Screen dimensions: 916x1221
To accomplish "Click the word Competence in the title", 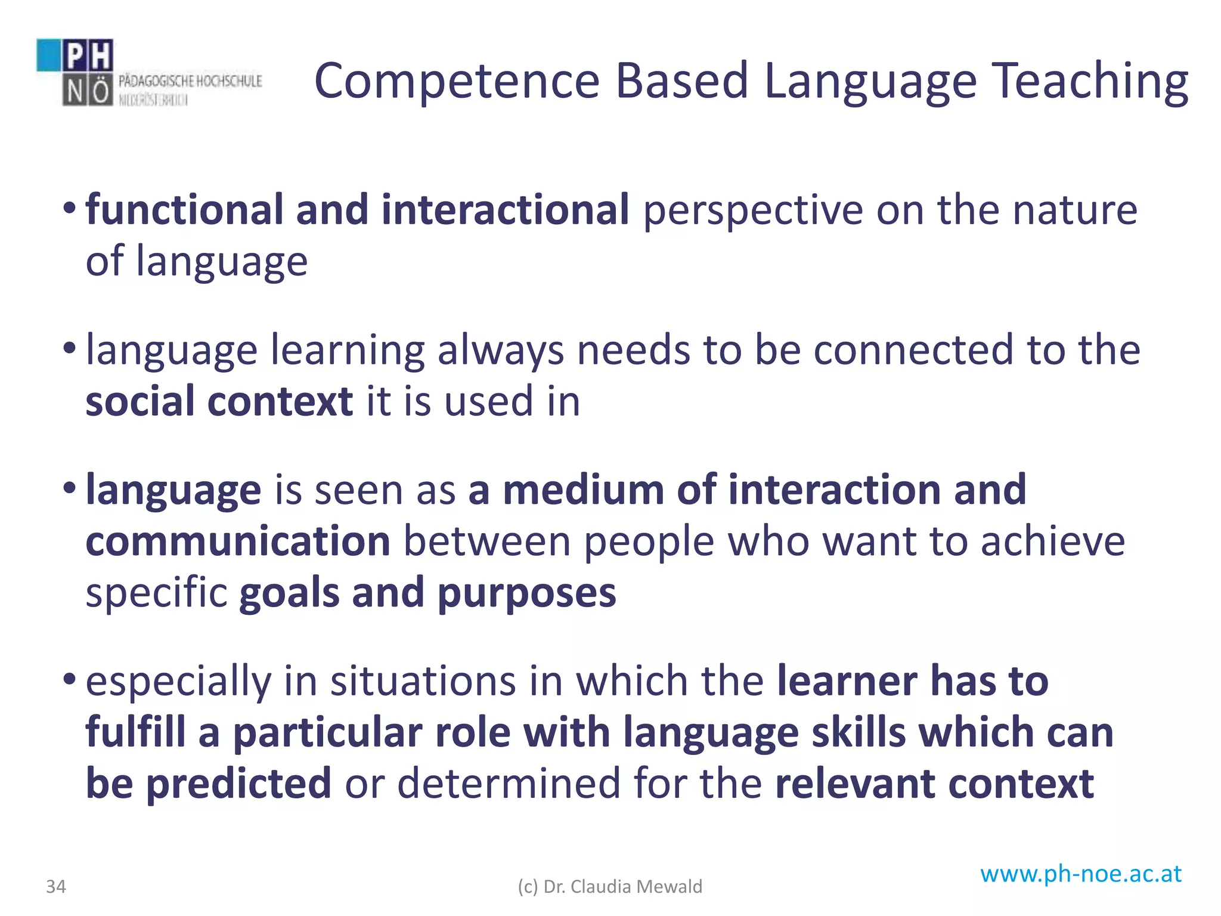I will [x=457, y=82].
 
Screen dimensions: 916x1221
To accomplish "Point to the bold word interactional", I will [x=505, y=210].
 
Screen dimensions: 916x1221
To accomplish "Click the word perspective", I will [x=753, y=212].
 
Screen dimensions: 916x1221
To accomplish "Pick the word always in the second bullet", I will [x=501, y=351].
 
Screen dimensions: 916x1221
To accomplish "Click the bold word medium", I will [x=583, y=490].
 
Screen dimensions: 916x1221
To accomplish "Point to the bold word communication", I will [x=238, y=541].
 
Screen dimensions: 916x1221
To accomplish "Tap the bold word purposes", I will [x=526, y=594].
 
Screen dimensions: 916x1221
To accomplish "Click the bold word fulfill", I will [x=135, y=732].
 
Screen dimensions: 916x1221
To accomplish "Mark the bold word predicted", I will [x=238, y=784].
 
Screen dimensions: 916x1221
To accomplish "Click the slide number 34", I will [x=56, y=887].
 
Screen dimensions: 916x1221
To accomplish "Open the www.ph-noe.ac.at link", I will [x=1081, y=874].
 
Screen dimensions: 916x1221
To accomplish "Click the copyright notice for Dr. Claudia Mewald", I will [x=610, y=887].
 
